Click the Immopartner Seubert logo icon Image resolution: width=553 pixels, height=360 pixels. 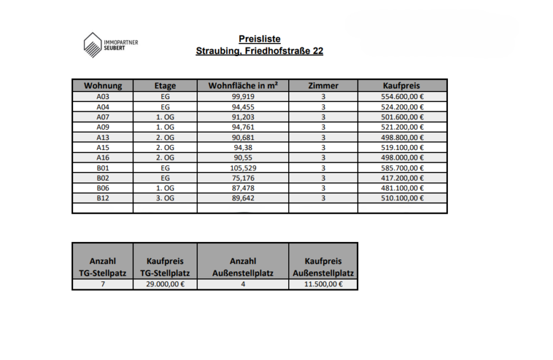93,45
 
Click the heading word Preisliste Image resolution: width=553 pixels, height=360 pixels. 259,39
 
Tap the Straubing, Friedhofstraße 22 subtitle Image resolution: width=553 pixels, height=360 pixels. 259,51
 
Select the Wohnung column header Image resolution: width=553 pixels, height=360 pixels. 103,86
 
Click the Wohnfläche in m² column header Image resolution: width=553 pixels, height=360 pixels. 243,86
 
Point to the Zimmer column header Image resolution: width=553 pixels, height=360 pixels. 323,86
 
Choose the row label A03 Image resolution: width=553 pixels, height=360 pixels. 103,96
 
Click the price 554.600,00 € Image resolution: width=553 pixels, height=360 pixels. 402,96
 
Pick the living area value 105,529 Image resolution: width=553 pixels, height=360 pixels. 243,168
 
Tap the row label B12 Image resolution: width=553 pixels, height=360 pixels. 103,198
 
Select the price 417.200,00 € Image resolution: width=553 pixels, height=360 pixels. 402,178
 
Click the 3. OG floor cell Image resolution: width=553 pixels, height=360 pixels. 165,198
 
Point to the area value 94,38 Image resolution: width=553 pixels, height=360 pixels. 243,147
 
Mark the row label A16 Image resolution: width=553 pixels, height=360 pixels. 103,157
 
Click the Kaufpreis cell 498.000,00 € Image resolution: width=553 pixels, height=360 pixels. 402,157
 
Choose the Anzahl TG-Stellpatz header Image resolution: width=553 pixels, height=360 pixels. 103,267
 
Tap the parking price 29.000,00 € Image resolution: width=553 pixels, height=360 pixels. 165,284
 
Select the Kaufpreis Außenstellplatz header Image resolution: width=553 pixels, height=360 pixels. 323,267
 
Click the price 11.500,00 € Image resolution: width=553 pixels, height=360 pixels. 323,284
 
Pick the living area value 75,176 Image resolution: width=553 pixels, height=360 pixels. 243,178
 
